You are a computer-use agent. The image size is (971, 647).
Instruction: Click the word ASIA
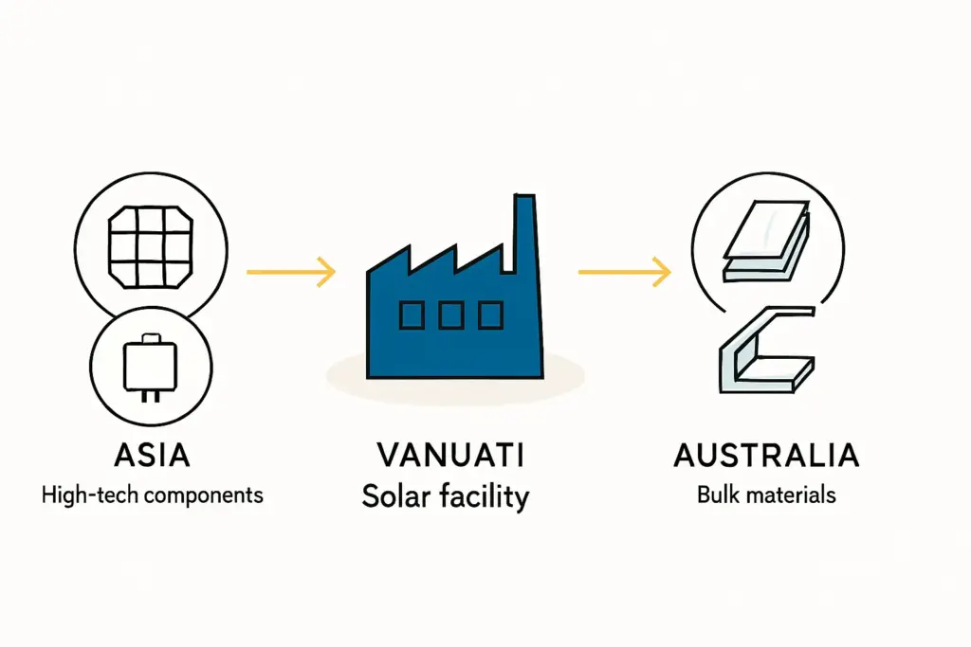[x=152, y=456]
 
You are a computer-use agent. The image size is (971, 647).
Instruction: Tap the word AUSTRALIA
[x=766, y=456]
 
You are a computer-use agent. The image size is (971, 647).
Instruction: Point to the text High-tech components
[x=152, y=494]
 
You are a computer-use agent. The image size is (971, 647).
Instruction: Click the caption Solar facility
[x=445, y=495]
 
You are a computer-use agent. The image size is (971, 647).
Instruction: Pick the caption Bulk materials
[x=766, y=494]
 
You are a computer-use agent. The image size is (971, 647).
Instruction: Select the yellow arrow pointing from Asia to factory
[x=290, y=273]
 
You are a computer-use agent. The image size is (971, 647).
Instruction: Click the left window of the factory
[x=412, y=315]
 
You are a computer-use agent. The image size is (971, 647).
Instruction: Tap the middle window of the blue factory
[x=451, y=315]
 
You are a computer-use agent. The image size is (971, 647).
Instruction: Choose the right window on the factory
[x=490, y=315]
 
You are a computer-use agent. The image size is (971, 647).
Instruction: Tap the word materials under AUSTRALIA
[x=793, y=494]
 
